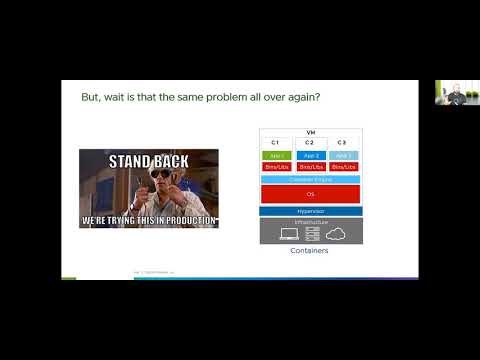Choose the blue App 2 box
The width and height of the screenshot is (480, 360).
point(310,155)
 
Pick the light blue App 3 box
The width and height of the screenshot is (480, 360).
point(343,155)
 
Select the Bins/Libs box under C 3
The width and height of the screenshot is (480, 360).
point(343,166)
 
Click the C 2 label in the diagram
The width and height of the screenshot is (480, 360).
point(310,143)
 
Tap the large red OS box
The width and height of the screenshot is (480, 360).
point(310,193)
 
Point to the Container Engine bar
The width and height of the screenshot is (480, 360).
point(310,178)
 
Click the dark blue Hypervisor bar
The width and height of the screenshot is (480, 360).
point(310,212)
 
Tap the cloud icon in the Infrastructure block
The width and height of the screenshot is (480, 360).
point(337,233)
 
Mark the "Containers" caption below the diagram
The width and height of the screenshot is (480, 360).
point(310,251)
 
